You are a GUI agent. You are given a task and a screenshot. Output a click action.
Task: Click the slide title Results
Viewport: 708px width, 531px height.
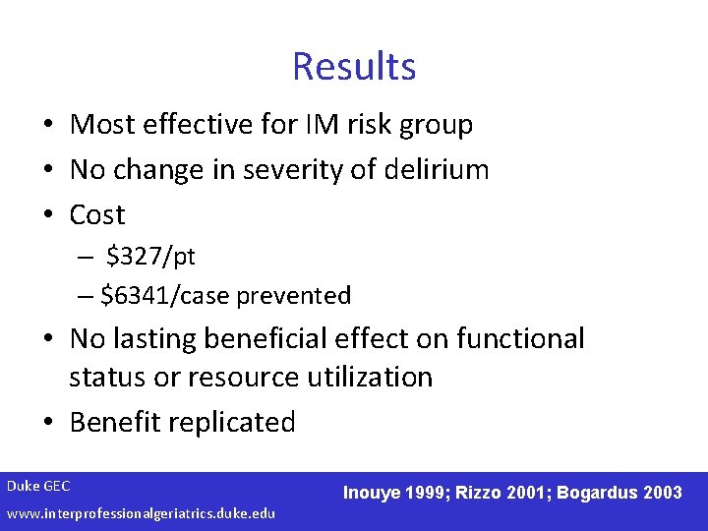pyautogui.click(x=354, y=67)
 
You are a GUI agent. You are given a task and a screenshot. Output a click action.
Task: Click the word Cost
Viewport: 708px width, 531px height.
pyautogui.click(x=97, y=214)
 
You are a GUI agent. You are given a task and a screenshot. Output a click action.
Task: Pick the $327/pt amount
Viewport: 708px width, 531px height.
pyautogui.click(x=151, y=258)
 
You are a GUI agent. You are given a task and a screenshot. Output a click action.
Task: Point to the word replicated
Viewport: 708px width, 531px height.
pyautogui.click(x=232, y=423)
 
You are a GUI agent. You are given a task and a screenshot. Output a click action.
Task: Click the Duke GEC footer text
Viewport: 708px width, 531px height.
pyautogui.click(x=38, y=486)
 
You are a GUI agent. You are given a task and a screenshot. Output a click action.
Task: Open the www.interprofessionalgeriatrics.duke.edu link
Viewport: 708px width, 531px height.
pyautogui.click(x=141, y=513)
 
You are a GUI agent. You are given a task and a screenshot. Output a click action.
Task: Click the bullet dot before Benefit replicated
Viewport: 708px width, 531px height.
pyautogui.click(x=47, y=423)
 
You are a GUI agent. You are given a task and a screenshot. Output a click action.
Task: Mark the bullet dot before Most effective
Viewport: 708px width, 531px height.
pyautogui.click(x=47, y=125)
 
